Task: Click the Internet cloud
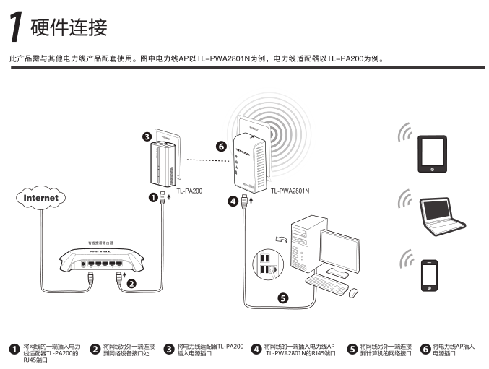click(40, 197)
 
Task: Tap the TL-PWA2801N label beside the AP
click(290, 191)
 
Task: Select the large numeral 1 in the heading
click(14, 27)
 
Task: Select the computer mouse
click(354, 292)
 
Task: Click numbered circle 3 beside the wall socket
click(147, 136)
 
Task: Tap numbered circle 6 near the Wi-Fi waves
click(222, 146)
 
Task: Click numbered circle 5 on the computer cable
click(282, 296)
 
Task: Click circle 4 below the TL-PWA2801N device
click(233, 201)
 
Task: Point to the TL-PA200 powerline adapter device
click(162, 163)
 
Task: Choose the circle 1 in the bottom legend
click(13, 349)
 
